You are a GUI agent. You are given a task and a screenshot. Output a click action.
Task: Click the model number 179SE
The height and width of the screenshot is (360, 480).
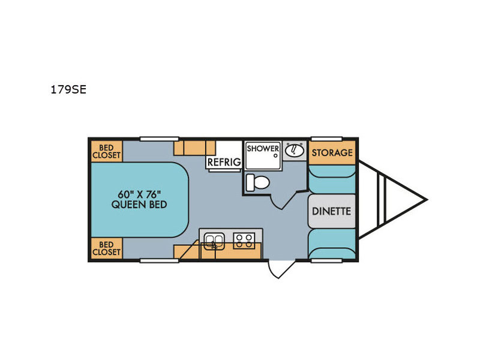tap(68, 89)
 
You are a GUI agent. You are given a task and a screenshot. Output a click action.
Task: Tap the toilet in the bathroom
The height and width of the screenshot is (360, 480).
tap(257, 182)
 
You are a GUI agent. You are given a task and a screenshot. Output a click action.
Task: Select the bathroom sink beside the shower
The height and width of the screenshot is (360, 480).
tap(295, 151)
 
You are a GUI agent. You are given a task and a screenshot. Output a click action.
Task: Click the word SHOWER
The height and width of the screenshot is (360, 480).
tap(263, 148)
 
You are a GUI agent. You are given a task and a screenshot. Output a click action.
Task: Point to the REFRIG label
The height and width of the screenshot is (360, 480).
tap(224, 162)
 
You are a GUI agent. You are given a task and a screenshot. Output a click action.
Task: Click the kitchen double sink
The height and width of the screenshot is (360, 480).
tap(214, 241)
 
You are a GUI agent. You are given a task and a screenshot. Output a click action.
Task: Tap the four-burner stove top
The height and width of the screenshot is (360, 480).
tap(244, 241)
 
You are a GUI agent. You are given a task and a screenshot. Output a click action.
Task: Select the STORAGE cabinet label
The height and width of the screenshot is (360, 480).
tap(332, 152)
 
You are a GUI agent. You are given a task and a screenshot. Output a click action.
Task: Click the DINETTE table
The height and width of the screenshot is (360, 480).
tap(332, 211)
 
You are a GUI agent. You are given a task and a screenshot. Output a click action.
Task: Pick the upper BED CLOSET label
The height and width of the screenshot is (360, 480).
tap(107, 152)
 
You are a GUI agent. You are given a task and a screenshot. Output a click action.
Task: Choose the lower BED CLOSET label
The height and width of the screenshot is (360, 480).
tap(107, 248)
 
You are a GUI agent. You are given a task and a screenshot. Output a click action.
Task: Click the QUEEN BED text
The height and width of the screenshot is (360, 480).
tap(139, 205)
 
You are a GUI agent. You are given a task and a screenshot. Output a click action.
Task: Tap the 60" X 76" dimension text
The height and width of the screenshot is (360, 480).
tap(139, 194)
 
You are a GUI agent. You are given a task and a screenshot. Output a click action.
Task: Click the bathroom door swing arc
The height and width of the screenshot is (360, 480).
tap(276, 203)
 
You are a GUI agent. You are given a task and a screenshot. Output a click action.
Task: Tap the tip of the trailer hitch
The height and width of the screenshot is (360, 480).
tap(427, 200)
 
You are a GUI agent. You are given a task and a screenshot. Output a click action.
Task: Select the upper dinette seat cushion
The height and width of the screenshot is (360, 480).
tap(332, 179)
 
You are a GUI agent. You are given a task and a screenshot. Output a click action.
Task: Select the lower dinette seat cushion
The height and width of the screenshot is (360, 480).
tap(332, 244)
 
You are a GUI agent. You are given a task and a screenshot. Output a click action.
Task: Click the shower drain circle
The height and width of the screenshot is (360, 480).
tap(275, 155)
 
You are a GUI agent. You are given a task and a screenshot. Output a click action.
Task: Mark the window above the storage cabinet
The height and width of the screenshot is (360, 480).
tap(326, 139)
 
